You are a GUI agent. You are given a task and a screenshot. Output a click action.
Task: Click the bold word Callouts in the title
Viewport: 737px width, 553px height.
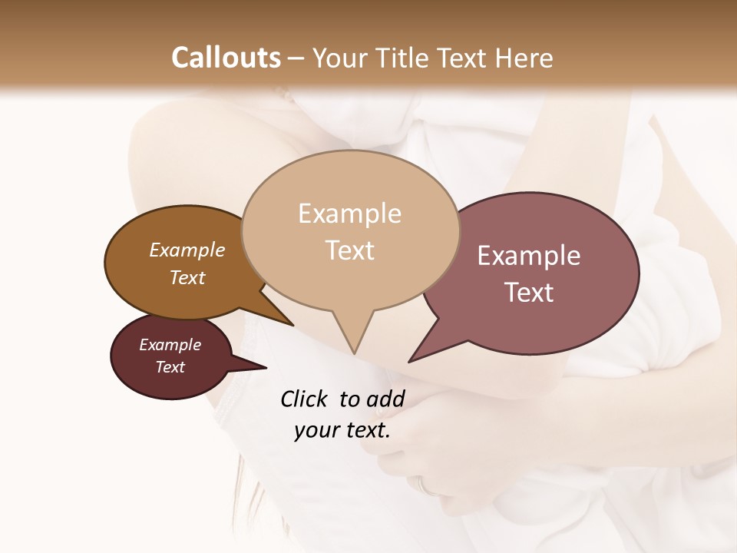tap(226, 58)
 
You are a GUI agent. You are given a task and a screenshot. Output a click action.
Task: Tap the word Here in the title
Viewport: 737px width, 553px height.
tap(525, 58)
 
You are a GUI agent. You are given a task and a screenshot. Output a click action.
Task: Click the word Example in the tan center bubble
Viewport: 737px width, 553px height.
tap(349, 214)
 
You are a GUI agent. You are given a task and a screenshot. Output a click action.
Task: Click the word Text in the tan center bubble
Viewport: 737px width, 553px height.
tap(349, 250)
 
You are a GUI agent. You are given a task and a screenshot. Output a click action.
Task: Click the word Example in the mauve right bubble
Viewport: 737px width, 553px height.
tap(529, 256)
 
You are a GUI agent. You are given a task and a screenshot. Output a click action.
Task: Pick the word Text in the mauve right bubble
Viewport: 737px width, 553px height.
tap(529, 293)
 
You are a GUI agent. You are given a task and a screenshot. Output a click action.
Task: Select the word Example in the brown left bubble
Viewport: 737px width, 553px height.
tap(187, 250)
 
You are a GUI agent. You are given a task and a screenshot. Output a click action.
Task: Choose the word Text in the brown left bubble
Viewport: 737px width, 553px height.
tap(187, 277)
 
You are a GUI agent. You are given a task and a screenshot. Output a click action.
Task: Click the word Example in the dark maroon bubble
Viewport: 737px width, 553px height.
tap(170, 345)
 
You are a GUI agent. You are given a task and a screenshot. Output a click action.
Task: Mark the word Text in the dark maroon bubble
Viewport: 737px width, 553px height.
tap(170, 367)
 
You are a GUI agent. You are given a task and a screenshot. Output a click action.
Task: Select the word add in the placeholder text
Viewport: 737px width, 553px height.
tap(385, 399)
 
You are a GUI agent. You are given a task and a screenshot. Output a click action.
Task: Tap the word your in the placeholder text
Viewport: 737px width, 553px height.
tap(316, 431)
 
